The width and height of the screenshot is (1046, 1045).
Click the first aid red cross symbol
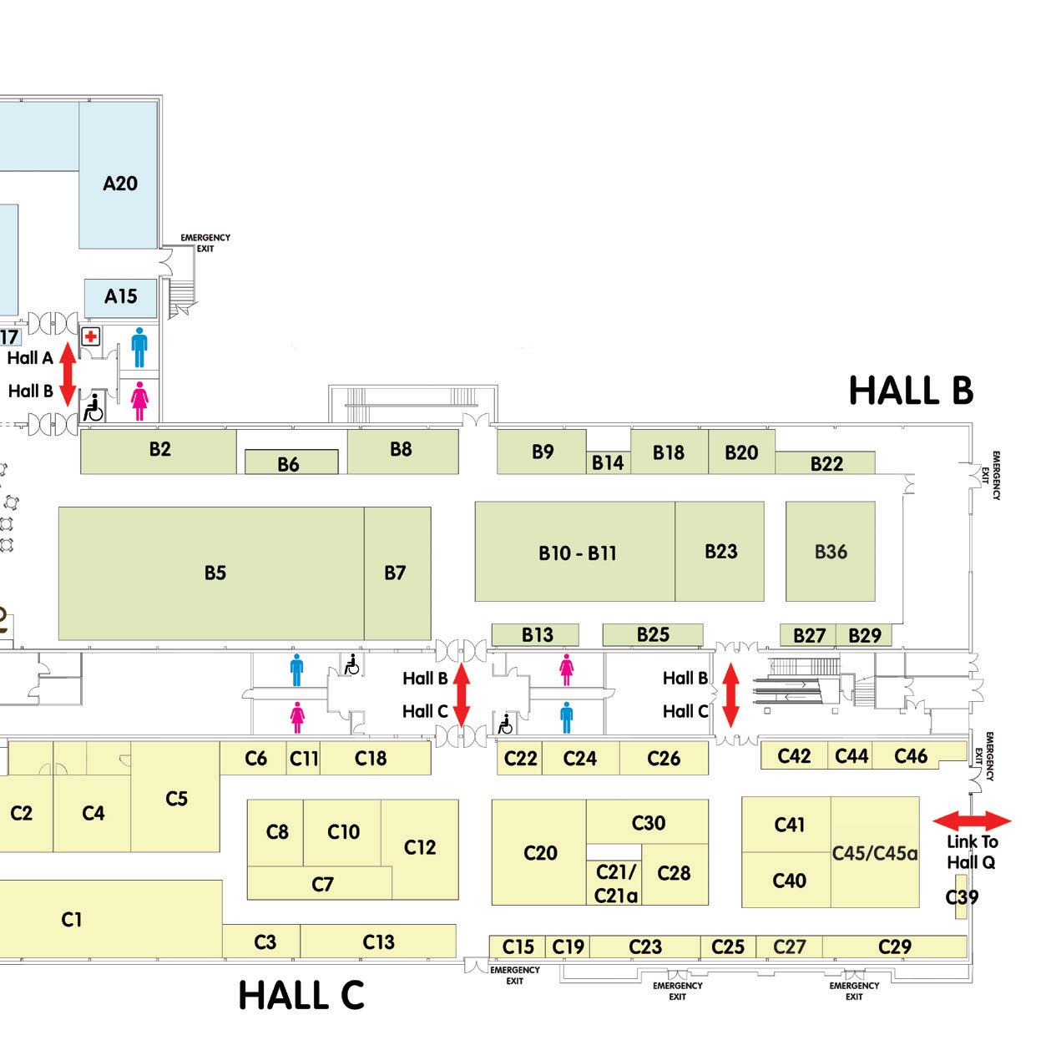[x=90, y=337]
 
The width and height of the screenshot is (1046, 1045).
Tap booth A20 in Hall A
[x=119, y=183]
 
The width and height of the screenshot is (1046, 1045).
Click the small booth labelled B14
[x=608, y=462]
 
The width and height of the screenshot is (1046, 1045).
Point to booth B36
[x=831, y=551]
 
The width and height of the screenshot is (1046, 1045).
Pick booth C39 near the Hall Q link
[x=962, y=897]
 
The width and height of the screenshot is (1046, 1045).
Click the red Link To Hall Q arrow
[x=971, y=821]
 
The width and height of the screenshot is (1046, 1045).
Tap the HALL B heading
[x=911, y=391]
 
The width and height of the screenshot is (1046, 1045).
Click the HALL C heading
[x=301, y=995]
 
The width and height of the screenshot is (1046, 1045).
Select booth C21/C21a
[x=615, y=883]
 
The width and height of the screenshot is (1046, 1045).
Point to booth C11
[x=304, y=758]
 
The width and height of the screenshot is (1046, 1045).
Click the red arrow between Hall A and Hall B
[x=68, y=374]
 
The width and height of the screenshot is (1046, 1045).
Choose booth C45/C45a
[x=875, y=853]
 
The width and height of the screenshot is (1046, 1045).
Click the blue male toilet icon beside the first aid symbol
[x=139, y=346]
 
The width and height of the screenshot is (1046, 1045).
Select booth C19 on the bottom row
[x=568, y=947]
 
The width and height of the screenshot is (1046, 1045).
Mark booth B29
[x=864, y=635]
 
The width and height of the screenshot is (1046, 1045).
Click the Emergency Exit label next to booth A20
[x=205, y=243]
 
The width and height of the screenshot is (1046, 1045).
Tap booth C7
[x=322, y=884]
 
